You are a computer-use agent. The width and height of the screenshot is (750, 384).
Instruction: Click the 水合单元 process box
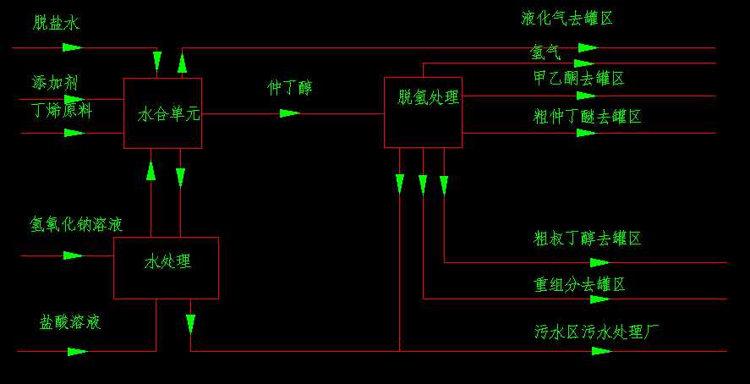click(x=162, y=113)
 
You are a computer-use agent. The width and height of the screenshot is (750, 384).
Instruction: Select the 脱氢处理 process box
click(x=423, y=112)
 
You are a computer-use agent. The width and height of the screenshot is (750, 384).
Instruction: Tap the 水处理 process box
click(x=166, y=267)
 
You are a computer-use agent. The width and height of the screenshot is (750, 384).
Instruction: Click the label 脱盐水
click(x=57, y=24)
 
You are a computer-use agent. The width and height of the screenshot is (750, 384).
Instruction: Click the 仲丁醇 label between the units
click(x=290, y=87)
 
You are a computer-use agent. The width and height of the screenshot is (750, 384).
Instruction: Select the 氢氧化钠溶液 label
click(x=76, y=225)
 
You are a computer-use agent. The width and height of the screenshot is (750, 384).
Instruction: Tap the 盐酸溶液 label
click(x=70, y=322)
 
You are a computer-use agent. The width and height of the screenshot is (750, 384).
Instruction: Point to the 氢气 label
click(x=545, y=52)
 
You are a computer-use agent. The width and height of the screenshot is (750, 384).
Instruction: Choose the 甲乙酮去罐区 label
click(x=578, y=79)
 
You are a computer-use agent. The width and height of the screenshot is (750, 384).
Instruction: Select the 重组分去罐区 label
click(x=579, y=284)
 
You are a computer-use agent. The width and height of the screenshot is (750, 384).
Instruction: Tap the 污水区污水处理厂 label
click(x=596, y=332)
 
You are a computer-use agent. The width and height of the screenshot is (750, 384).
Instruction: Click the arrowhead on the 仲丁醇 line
click(x=290, y=112)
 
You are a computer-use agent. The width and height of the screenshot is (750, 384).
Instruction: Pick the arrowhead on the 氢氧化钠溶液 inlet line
click(x=73, y=255)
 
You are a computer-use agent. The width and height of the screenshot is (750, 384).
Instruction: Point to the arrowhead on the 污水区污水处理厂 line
click(x=602, y=350)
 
